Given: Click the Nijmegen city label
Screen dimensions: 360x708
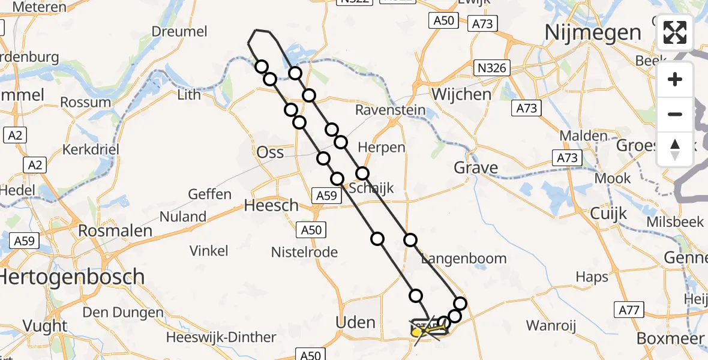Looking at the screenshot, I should pos(593,32).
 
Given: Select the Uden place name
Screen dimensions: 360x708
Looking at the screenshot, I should pos(356,322).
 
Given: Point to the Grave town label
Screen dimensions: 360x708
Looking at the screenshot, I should pos(476,167).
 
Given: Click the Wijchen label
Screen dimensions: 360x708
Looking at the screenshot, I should pos(461,94).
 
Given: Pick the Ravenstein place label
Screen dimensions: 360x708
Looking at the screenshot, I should pos(390,110).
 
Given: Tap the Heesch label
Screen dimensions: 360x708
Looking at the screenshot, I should pos(271,206).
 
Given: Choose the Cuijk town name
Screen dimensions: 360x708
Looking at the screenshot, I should pos(608,214).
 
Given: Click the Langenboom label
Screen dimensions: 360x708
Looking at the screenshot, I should pos(464,259).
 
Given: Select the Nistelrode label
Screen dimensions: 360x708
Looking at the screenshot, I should pos(304,252).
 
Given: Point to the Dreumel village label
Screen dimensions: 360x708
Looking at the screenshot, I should pos(179,32).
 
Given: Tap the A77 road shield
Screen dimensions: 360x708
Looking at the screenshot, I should pos(629,310).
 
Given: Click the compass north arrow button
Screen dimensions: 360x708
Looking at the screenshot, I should pos(675,149).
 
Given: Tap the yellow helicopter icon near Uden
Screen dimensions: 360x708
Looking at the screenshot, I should pos(418,329).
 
